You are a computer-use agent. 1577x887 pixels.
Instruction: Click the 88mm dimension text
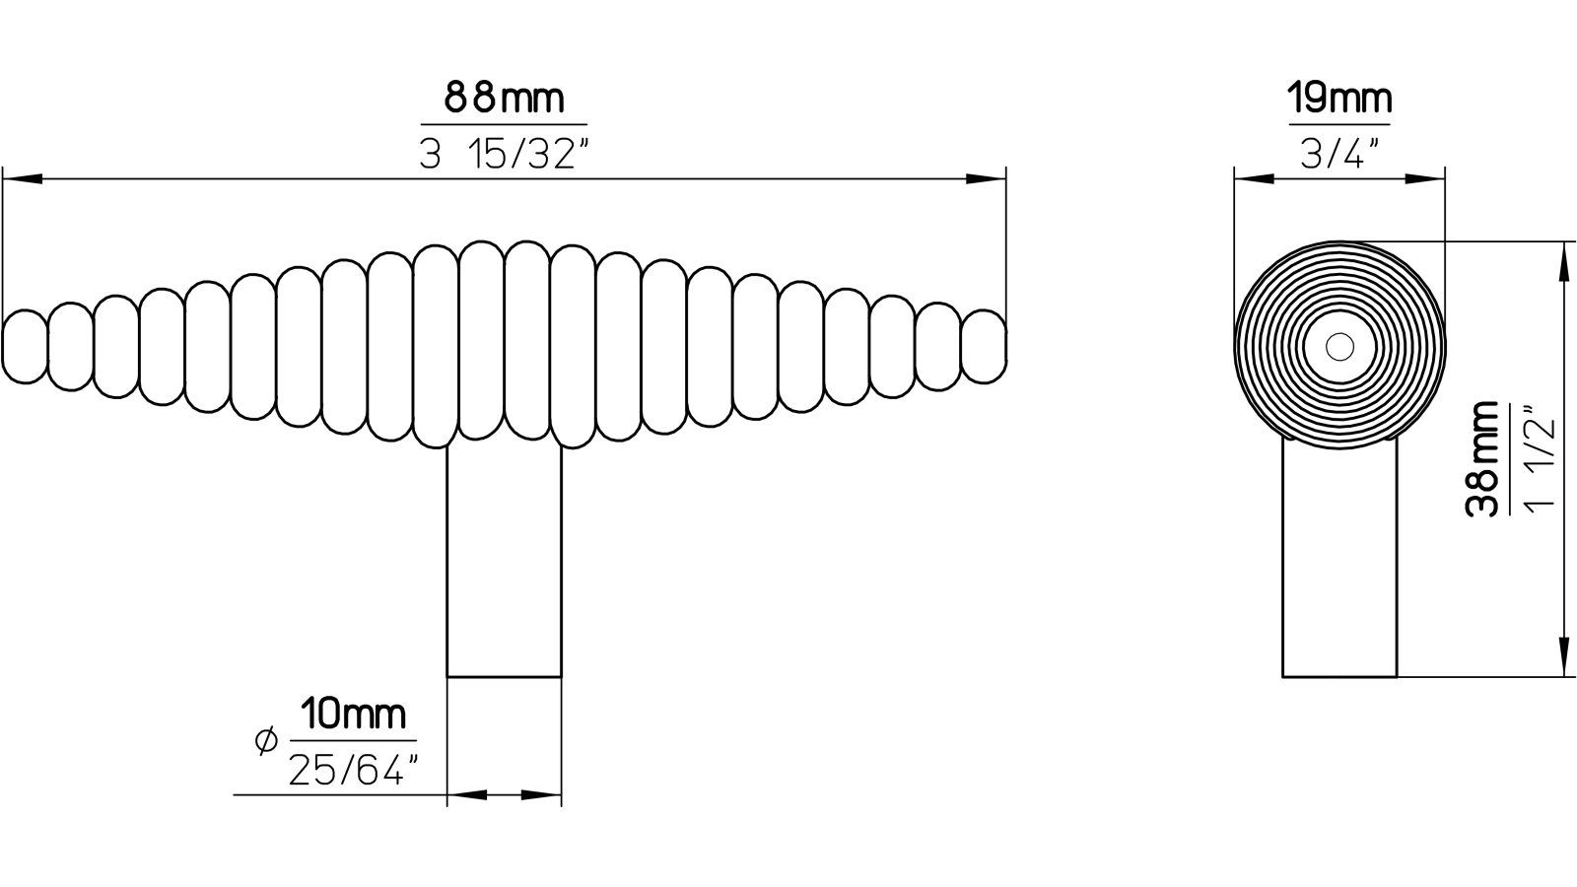[x=504, y=99]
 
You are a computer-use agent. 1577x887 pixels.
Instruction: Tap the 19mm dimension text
[x=1339, y=99]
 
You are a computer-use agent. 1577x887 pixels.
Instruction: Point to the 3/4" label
[x=1338, y=155]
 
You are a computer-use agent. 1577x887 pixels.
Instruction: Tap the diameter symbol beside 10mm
[x=265, y=740]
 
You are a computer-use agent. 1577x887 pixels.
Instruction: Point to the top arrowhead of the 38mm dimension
[x=1561, y=258]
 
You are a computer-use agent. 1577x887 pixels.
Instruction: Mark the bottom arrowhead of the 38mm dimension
[x=1561, y=658]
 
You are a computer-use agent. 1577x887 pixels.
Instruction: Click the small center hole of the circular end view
[x=1338, y=346]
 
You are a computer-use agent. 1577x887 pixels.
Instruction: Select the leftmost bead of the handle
[x=25, y=346]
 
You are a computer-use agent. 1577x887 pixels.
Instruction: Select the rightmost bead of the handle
[x=984, y=346]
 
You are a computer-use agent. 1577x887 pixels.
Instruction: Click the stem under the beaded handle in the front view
[x=504, y=562]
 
